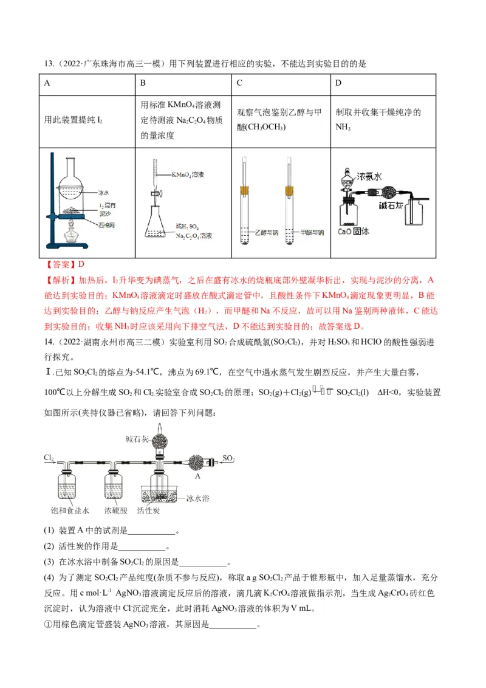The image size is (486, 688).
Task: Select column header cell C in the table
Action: coord(240,83)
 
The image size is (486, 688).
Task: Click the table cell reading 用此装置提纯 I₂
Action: coord(75,120)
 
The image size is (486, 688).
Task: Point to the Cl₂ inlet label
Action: coord(49,456)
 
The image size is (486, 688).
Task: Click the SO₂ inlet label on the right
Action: coord(228,457)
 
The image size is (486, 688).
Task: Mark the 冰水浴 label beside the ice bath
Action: coord(197,498)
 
